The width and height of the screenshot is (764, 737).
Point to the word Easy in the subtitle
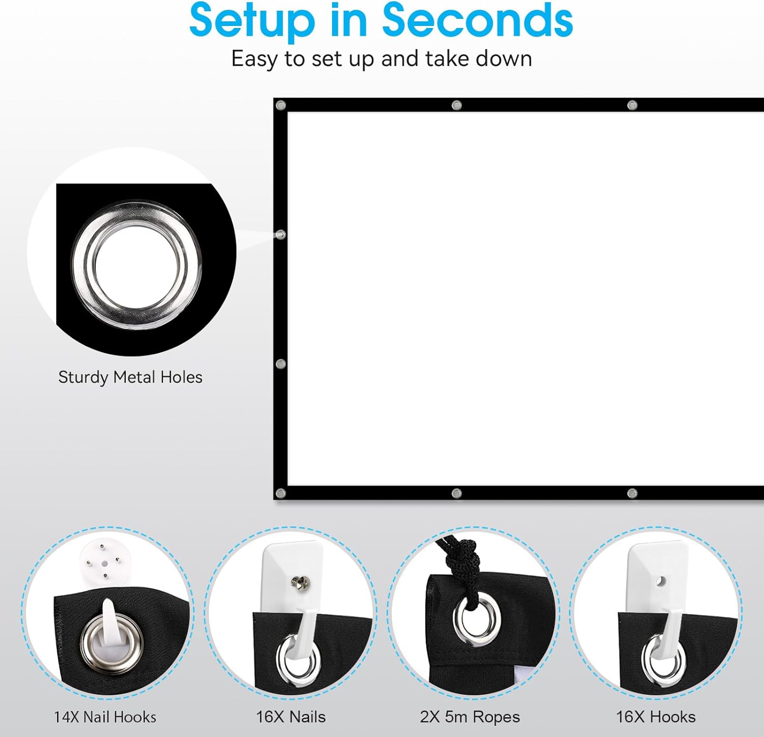255,60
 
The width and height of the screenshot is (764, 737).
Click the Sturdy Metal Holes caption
130,377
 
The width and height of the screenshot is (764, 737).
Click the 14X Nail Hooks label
105,717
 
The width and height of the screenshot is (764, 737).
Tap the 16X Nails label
290,717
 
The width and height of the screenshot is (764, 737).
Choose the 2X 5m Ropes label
470,717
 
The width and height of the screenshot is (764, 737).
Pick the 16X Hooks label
656,717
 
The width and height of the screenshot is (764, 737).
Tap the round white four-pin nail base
102,562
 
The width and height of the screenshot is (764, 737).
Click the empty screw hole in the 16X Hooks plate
661,581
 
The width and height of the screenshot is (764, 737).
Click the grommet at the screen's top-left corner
281,105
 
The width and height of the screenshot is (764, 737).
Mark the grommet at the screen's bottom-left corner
281,493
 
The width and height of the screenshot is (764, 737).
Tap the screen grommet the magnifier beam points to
281,235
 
